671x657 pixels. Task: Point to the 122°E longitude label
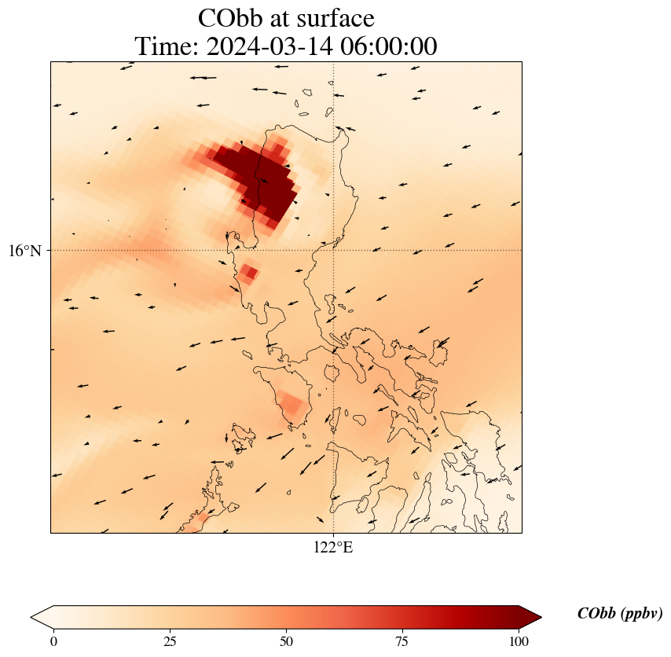[333, 548]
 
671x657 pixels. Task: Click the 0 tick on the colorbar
[53, 641]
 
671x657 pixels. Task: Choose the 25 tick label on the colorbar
[170, 641]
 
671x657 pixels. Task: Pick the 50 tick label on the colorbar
[286, 641]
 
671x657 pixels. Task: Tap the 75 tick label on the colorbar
[401, 641]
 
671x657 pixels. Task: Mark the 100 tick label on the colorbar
[518, 641]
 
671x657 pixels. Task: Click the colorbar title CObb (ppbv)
[619, 614]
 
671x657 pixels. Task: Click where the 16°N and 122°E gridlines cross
[334, 250]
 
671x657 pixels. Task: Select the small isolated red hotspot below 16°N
[249, 273]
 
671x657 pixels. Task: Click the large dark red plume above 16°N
[259, 177]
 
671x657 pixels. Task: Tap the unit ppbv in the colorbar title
[641, 614]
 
